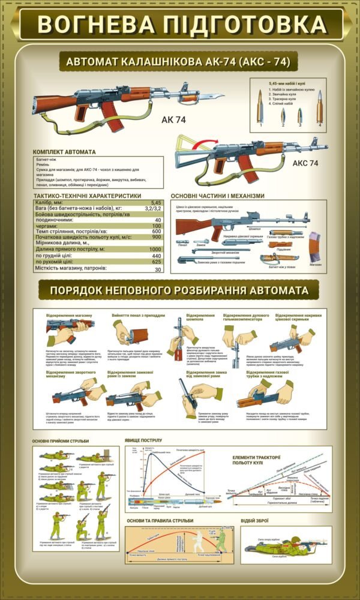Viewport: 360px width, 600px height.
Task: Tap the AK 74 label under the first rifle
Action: (173, 120)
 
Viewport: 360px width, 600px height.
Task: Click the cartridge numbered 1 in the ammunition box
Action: (260, 108)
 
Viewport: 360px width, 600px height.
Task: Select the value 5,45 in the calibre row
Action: (157, 203)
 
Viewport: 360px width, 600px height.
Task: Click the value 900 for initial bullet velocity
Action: (157, 237)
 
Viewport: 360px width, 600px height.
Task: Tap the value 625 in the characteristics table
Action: (157, 262)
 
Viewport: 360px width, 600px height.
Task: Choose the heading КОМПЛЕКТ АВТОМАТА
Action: (64, 152)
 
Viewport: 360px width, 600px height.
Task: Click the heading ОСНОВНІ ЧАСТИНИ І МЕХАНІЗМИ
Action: (217, 196)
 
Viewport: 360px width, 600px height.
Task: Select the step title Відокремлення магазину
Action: (69, 315)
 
